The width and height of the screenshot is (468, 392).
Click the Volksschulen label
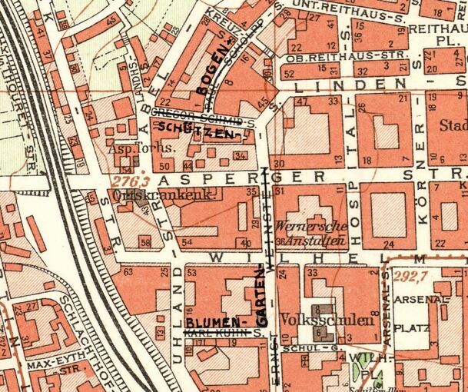tap(317, 317)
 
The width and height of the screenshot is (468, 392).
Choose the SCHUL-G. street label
tap(300, 348)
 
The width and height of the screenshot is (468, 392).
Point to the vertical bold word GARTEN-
tap(261, 295)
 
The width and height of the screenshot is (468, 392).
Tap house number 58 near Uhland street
tap(145, 243)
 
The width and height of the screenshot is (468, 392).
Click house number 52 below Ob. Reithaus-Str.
tap(288, 74)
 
